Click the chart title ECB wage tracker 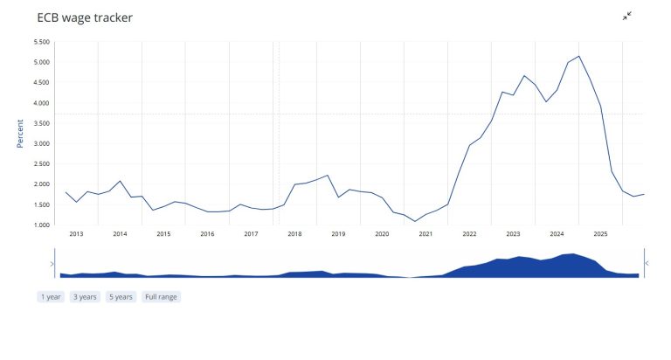point(85,17)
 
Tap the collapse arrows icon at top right point(627,17)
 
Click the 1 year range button point(51,296)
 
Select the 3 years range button point(85,296)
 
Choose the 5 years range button point(121,296)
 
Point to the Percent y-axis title point(20,134)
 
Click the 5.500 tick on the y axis point(42,42)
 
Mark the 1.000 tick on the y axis point(42,225)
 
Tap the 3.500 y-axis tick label point(42,123)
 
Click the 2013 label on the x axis point(76,233)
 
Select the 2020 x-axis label point(382,233)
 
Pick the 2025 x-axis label point(600,233)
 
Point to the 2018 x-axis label point(294,233)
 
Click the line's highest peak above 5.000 point(578,56)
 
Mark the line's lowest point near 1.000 point(415,221)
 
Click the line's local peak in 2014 point(120,181)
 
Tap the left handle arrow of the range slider point(52,264)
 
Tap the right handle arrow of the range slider point(647,263)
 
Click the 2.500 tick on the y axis point(42,164)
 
